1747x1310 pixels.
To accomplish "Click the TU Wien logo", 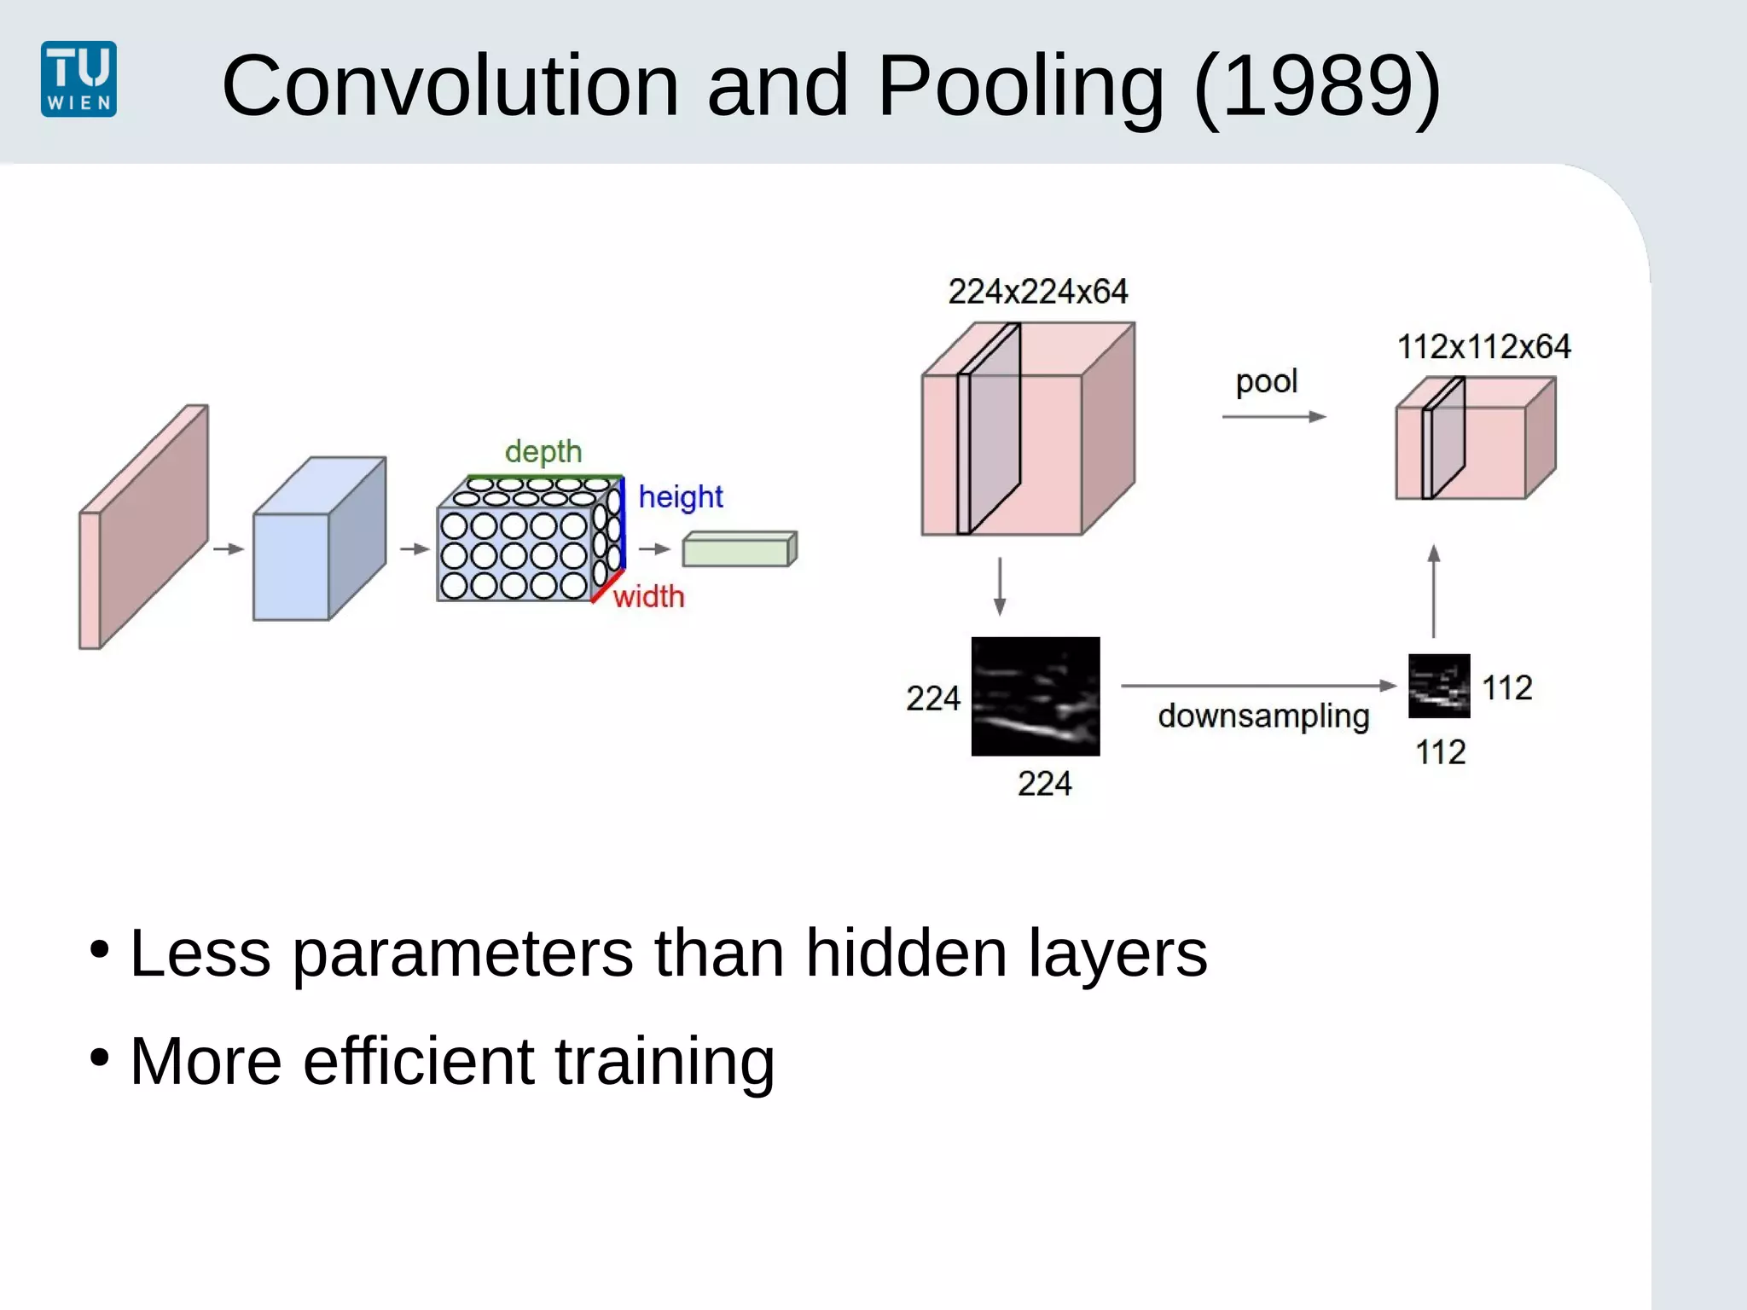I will pos(78,78).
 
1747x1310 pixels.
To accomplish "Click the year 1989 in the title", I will pos(1318,85).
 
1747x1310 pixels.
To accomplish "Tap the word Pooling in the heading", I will pos(1020,85).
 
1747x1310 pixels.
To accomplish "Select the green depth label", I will pos(543,451).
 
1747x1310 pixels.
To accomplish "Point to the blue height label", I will pos(680,496).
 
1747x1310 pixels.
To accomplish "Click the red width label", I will pos(648,596).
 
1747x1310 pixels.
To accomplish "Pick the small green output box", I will pos(738,549).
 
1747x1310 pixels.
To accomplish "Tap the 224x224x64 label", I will pos(1037,292).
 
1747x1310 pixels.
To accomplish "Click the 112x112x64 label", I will pos(1483,346).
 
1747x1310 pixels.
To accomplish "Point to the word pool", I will pos(1266,381).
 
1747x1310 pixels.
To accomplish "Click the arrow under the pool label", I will pos(1273,416).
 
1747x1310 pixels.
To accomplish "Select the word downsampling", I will pos(1262,716).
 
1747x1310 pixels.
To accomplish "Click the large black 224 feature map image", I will pos(1035,696).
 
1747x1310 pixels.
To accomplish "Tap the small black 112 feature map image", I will pos(1438,686).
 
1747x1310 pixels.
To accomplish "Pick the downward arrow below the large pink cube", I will pos(1000,587).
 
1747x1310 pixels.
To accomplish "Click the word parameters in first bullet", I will pos(462,954).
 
